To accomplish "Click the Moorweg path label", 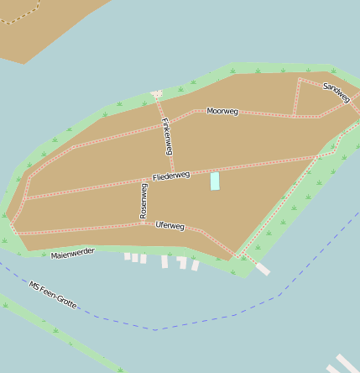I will [x=222, y=111].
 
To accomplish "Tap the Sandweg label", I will [x=336, y=92].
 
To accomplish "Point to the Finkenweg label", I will [x=167, y=136].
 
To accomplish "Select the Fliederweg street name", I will [x=171, y=176].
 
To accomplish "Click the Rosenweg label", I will [x=143, y=202].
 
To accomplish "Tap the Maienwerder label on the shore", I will [x=73, y=253].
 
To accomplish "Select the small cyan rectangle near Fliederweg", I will [x=215, y=181].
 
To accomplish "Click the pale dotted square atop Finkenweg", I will [x=156, y=94].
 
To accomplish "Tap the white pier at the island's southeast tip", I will [x=263, y=269].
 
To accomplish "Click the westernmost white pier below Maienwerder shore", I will [x=128, y=256].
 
